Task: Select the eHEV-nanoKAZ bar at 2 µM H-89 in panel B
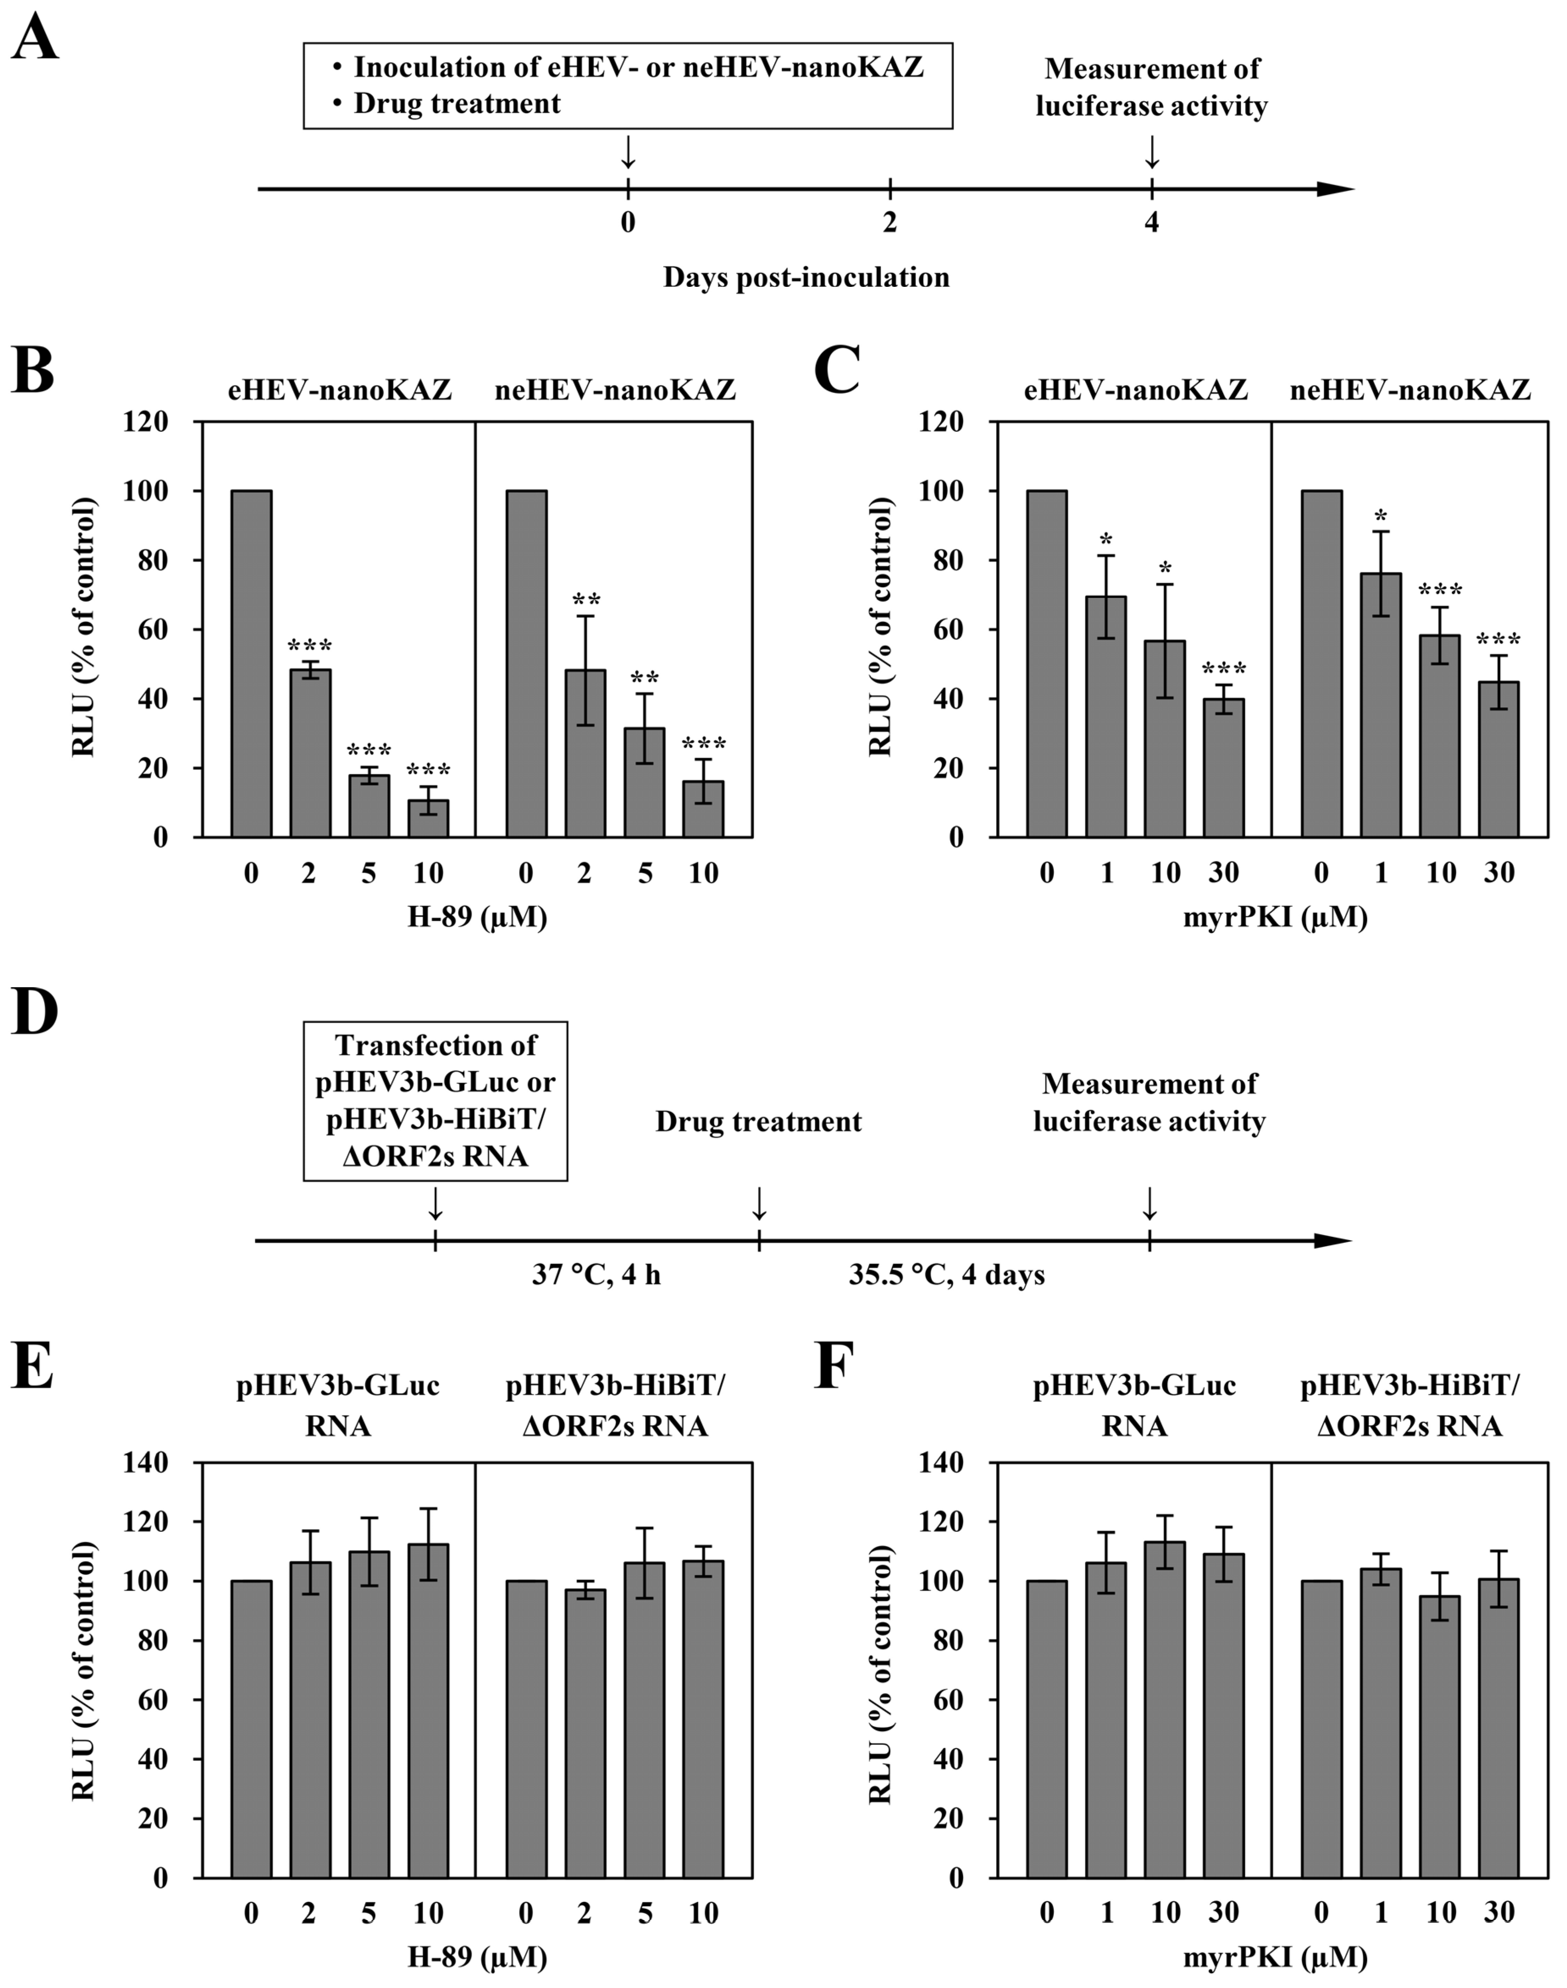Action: [x=310, y=752]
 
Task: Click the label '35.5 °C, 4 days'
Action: [x=946, y=1275]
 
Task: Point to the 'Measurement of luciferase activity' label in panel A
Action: [x=1152, y=87]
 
